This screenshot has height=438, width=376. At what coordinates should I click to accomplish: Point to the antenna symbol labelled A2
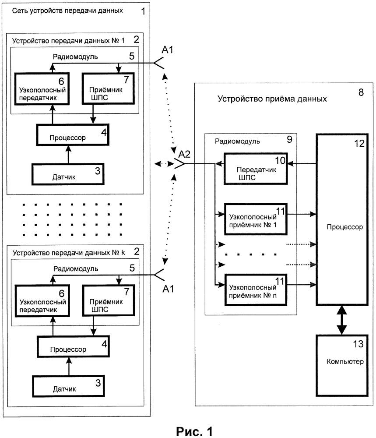(179, 163)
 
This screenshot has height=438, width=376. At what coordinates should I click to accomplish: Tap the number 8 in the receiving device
(361, 93)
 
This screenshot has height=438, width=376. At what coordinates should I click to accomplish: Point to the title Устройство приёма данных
(272, 99)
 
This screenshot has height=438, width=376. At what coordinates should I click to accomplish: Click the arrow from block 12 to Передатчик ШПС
(302, 164)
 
